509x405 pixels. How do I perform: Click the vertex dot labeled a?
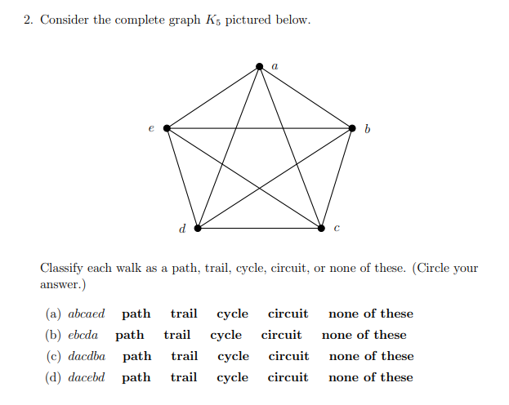click(x=260, y=65)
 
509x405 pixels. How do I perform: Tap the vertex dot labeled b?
click(x=352, y=128)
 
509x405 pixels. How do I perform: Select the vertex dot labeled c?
click(x=321, y=228)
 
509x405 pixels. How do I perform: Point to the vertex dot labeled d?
click(x=197, y=228)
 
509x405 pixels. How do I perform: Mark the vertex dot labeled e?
click(x=167, y=128)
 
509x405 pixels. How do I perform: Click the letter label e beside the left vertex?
click(x=150, y=128)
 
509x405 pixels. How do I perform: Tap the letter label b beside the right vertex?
click(x=368, y=129)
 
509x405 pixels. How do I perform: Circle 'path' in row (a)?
click(x=136, y=314)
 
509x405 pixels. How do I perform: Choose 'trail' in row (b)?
click(x=177, y=335)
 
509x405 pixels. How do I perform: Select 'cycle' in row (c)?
click(x=233, y=356)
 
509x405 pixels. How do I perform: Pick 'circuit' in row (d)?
click(x=288, y=377)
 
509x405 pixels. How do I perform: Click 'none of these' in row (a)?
click(x=371, y=314)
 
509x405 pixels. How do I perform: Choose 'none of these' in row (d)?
click(x=371, y=377)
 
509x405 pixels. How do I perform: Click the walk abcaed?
click(x=87, y=314)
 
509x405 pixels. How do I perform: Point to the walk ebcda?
click(x=83, y=335)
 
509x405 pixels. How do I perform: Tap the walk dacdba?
click(x=87, y=356)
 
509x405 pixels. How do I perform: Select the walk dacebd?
click(x=87, y=377)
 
